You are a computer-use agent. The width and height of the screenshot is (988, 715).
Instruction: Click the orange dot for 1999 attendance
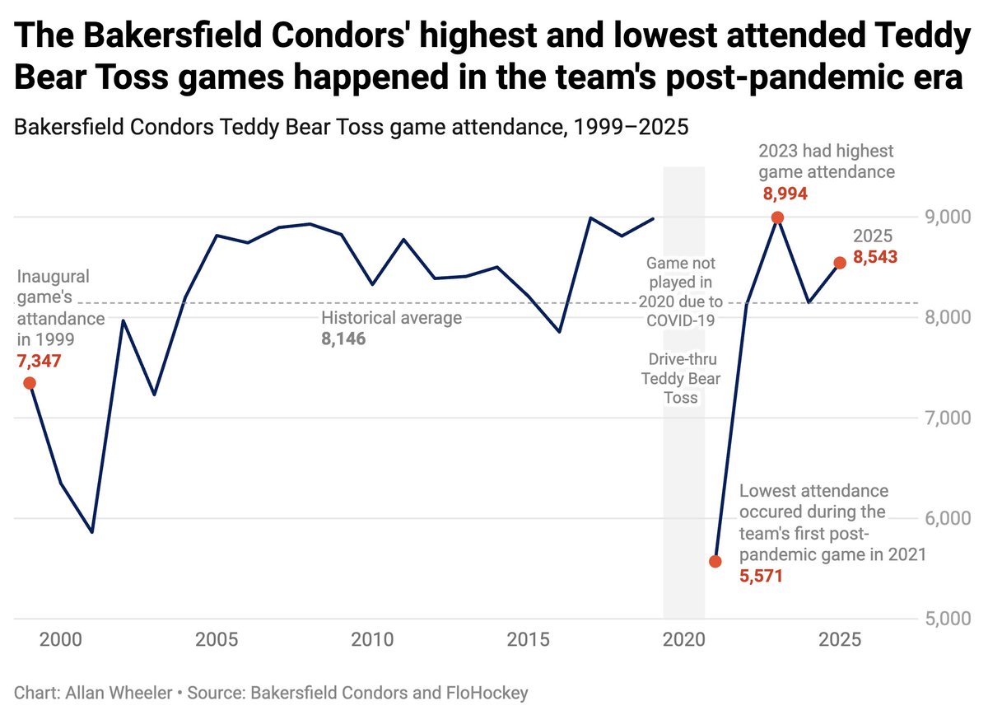tap(30, 382)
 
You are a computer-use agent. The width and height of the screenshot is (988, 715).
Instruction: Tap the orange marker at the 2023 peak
tap(776, 217)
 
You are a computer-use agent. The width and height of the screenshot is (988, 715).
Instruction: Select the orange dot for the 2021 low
tap(715, 561)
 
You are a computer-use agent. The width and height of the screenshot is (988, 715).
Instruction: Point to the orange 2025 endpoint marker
tap(840, 263)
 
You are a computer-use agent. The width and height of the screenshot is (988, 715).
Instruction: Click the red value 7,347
tap(39, 361)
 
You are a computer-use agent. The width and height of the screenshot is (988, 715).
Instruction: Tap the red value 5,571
tap(760, 577)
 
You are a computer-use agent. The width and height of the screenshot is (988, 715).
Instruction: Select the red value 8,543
tap(875, 257)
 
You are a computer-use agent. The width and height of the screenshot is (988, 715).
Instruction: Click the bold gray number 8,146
tap(343, 339)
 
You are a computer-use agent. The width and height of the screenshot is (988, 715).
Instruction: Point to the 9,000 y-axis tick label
tap(947, 217)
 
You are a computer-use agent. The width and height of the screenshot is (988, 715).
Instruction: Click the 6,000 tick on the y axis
tap(947, 518)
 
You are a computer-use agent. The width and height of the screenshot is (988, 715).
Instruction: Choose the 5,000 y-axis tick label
tap(947, 619)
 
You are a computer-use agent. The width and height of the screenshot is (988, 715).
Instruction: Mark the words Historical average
tap(391, 318)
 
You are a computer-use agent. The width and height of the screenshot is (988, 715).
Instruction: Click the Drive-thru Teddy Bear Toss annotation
tap(683, 379)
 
